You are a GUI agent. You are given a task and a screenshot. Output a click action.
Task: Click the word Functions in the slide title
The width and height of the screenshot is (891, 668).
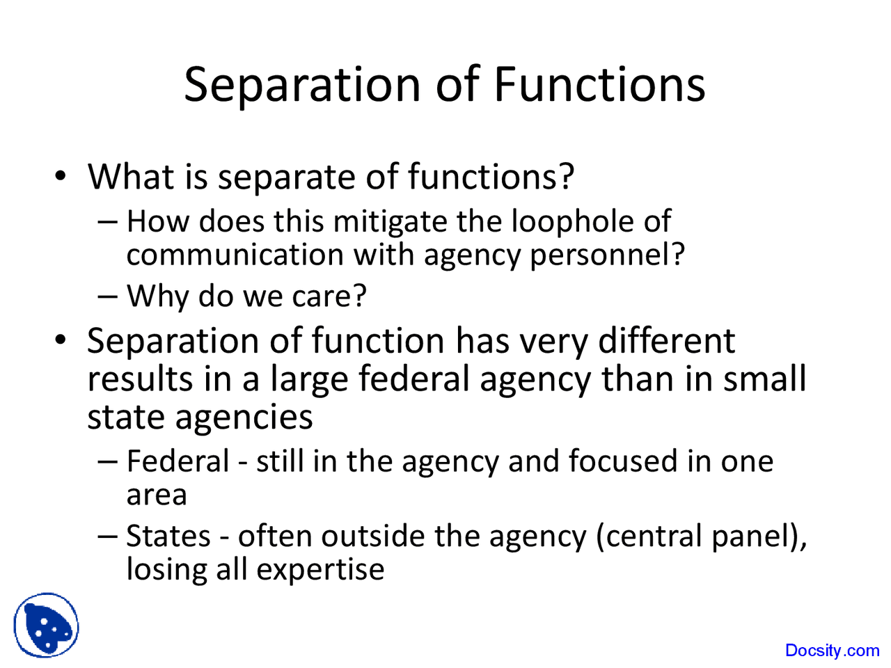tap(599, 84)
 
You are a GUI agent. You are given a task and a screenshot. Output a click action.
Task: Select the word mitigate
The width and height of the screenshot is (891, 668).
tap(391, 221)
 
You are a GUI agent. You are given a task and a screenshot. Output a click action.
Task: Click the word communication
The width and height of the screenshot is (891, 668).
tap(235, 255)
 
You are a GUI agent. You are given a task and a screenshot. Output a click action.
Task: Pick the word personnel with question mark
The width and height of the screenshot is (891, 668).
tap(607, 255)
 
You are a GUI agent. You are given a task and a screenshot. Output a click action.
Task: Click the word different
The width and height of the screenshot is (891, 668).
tap(666, 341)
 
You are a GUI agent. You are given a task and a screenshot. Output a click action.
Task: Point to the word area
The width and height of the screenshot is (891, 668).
tap(157, 495)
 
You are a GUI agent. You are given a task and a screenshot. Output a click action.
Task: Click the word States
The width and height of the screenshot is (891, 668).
tap(168, 536)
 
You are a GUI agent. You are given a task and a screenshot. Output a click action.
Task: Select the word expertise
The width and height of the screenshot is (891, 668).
tap(320, 569)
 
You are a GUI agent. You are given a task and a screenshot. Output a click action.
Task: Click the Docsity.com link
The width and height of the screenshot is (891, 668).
tap(832, 651)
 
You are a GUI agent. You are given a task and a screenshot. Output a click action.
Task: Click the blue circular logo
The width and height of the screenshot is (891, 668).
tap(46, 625)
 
